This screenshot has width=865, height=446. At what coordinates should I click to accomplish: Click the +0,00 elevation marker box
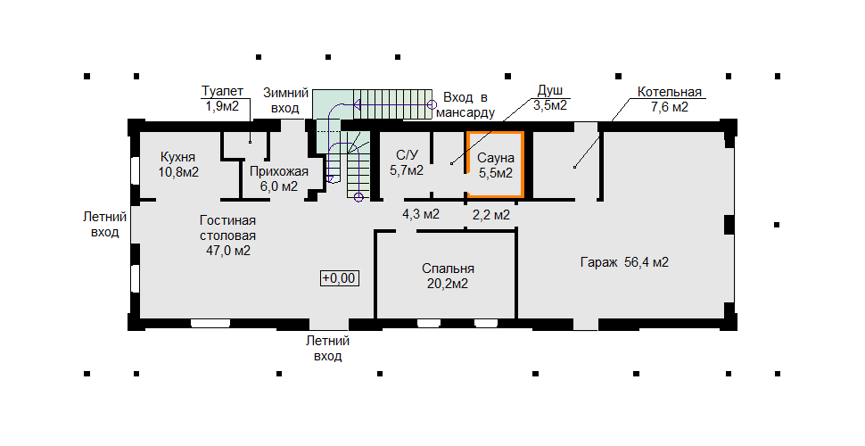[339, 278]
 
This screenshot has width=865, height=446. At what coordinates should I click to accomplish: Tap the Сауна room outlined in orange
[495, 134]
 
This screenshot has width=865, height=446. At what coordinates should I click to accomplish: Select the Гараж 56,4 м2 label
[624, 262]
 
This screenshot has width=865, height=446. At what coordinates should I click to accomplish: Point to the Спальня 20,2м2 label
[448, 276]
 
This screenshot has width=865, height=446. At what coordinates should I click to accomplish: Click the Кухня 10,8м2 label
[178, 164]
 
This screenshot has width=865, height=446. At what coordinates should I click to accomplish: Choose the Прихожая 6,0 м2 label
[278, 178]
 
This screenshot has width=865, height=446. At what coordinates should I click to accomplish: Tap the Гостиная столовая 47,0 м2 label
[227, 235]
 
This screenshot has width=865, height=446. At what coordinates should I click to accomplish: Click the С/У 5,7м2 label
[407, 162]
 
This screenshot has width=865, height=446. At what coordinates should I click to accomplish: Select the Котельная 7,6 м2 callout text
[669, 99]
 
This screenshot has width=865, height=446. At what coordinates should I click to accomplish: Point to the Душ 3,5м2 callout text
[550, 98]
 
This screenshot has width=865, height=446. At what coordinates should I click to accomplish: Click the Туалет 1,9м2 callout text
[222, 98]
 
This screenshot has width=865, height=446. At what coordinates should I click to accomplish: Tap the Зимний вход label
[285, 101]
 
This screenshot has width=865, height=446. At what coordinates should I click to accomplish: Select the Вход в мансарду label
[465, 105]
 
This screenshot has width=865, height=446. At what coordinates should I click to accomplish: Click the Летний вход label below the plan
[327, 348]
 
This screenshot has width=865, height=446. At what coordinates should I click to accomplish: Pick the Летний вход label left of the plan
[105, 224]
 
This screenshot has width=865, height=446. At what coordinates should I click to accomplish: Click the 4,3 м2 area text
[421, 214]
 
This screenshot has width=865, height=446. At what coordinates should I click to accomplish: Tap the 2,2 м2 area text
[491, 214]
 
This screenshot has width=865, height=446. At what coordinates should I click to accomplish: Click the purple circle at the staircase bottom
[358, 196]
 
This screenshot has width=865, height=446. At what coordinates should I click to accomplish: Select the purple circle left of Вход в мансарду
[432, 103]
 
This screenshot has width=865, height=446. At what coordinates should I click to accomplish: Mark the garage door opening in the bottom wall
[587, 324]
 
